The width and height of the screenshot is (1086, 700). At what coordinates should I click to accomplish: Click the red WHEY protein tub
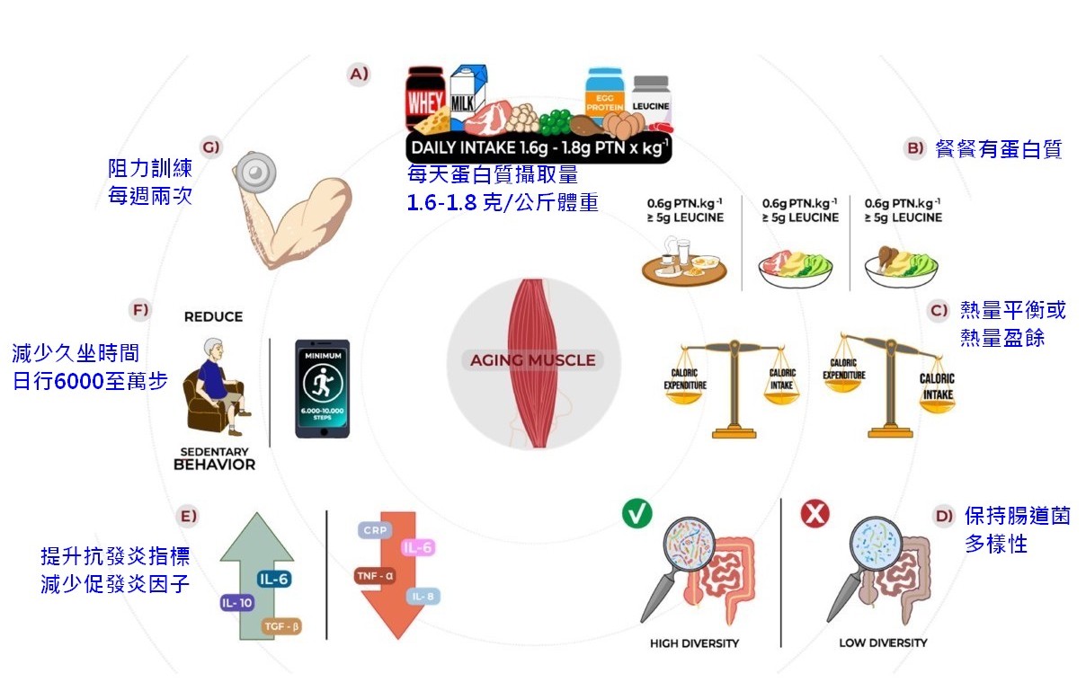click(x=424, y=101)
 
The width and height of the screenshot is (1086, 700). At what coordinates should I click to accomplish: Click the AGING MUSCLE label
click(x=533, y=360)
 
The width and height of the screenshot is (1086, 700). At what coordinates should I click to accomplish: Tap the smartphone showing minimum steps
click(x=323, y=388)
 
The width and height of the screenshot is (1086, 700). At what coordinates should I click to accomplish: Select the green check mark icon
click(x=636, y=515)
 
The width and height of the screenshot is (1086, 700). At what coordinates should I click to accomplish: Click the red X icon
click(x=814, y=515)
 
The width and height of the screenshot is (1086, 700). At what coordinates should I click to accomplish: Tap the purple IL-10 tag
click(x=237, y=603)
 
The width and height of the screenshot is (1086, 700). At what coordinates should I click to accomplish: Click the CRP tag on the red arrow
click(x=374, y=530)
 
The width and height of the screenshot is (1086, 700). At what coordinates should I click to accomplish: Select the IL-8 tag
click(x=423, y=596)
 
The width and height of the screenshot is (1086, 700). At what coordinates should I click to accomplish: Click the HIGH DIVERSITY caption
click(x=694, y=643)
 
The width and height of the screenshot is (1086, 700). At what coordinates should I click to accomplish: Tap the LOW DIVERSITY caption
click(x=883, y=643)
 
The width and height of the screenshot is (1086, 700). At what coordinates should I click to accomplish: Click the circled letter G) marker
click(x=211, y=146)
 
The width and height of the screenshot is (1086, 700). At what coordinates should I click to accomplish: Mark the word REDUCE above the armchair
click(x=213, y=317)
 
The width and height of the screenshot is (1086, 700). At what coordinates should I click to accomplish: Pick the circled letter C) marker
click(x=939, y=311)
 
